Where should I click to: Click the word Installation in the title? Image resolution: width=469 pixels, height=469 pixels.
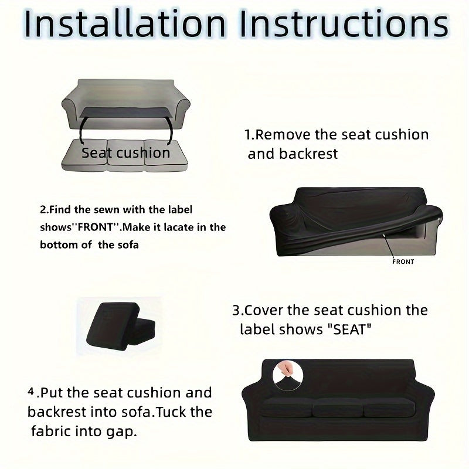coord(125,24)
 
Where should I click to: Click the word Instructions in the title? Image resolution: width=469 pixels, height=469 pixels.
coord(344,24)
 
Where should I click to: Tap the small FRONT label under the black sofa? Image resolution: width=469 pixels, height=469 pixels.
coord(403,261)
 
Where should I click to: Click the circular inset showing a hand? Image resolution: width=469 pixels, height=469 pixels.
coord(288,376)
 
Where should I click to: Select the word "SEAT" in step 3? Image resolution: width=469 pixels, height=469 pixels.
coord(348,329)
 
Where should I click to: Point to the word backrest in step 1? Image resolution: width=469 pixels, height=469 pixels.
coord(308,154)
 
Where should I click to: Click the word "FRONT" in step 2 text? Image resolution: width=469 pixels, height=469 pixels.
coord(96,227)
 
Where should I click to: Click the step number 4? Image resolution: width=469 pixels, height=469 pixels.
coord(31,391)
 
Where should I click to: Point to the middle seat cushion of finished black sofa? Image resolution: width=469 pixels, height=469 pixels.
coord(338,407)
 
